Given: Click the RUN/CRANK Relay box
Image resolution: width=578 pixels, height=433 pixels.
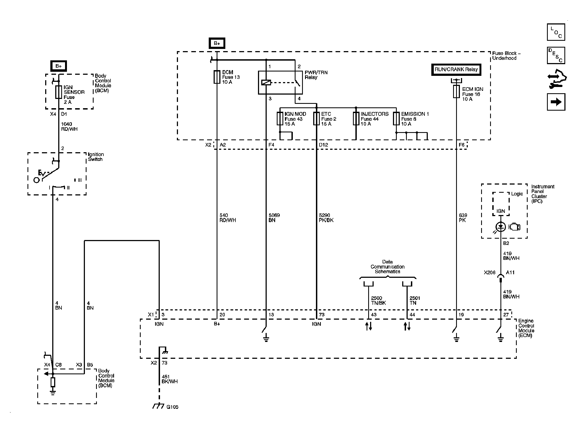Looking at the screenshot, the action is pyautogui.click(x=456, y=70).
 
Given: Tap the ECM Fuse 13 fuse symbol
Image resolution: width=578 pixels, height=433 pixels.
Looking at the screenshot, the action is pyautogui.click(x=217, y=77).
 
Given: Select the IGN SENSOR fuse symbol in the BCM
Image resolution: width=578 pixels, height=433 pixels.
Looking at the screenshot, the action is pyautogui.click(x=59, y=92).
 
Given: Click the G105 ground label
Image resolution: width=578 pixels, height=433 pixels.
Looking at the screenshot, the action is pyautogui.click(x=172, y=407).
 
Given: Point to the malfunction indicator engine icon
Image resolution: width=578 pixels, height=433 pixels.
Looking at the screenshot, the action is pyautogui.click(x=514, y=227).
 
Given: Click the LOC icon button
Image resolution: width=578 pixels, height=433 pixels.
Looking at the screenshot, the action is pyautogui.click(x=556, y=32).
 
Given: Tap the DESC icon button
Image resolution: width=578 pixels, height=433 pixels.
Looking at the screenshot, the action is pyautogui.click(x=556, y=55).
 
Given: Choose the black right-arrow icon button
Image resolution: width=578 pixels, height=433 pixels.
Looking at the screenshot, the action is pyautogui.click(x=556, y=102).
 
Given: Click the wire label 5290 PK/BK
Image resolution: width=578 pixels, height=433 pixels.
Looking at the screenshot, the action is pyautogui.click(x=326, y=218).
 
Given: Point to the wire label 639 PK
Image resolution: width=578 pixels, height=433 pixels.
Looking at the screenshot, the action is pyautogui.click(x=463, y=218).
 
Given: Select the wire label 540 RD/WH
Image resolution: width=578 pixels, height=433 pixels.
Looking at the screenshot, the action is pyautogui.click(x=227, y=218).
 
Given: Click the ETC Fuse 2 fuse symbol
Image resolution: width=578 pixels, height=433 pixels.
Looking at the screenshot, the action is pyautogui.click(x=316, y=119).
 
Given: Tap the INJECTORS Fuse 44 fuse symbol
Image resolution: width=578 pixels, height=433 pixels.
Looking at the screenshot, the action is pyautogui.click(x=356, y=119).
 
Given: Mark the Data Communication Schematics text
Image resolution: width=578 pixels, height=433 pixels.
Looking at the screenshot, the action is pyautogui.click(x=388, y=267).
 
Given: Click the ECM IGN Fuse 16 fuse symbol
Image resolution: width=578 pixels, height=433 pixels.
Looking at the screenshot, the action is pyautogui.click(x=456, y=92).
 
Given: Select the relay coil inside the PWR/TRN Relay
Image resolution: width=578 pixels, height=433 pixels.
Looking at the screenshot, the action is pyautogui.click(x=266, y=82).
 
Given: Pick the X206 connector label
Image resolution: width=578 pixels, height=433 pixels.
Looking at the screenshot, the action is pyautogui.click(x=490, y=272).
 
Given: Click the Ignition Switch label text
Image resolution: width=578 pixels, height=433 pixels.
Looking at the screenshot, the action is pyautogui.click(x=96, y=157).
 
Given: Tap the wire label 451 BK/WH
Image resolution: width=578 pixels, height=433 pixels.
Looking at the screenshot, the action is pyautogui.click(x=170, y=379).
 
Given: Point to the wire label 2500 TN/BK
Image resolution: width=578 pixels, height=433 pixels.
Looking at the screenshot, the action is pyautogui.click(x=378, y=300).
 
